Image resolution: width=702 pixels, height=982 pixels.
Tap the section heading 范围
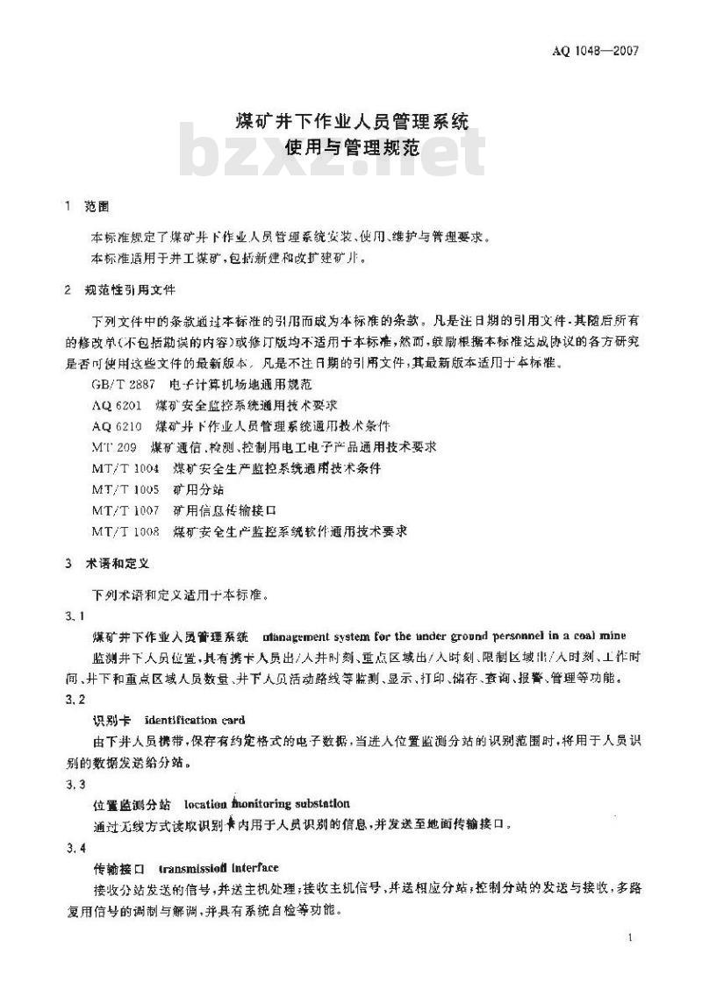98,207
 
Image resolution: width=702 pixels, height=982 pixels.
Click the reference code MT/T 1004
125,468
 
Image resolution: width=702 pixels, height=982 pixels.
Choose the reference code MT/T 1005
125,489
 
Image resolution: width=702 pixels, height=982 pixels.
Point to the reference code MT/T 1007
125,510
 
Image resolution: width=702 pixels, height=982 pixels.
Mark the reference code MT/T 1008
125,531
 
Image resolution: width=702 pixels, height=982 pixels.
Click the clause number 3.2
75,699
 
